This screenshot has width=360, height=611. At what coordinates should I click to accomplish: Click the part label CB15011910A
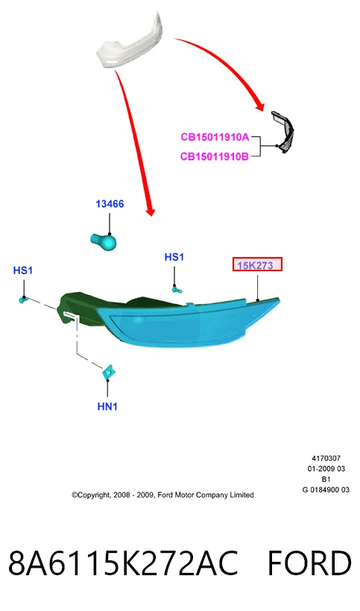tap(215, 137)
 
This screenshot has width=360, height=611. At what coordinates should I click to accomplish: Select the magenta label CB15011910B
tap(215, 156)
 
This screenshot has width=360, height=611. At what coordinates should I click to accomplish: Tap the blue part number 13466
tap(110, 204)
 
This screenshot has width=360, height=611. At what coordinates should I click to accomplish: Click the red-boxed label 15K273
tap(257, 265)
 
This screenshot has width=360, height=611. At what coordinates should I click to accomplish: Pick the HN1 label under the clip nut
tap(107, 406)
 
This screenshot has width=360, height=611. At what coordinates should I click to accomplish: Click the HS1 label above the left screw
tap(23, 270)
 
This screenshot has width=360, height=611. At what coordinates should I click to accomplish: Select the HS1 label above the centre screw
tap(174, 257)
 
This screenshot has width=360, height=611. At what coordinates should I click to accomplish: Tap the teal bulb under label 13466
tap(104, 241)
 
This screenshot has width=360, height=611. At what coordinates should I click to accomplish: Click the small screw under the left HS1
tap(23, 300)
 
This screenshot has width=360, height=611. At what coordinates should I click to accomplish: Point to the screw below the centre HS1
tap(177, 289)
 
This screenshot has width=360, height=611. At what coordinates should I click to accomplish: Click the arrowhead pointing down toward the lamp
tap(151, 210)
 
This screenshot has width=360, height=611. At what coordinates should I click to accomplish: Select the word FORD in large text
tap(309, 563)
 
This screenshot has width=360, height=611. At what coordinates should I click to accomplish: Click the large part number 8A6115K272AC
tap(123, 563)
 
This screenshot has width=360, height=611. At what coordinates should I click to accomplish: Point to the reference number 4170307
tap(326, 458)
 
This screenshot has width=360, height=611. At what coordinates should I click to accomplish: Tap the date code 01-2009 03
tap(326, 469)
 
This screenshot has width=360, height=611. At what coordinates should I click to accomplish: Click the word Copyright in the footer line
tap(93, 496)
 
